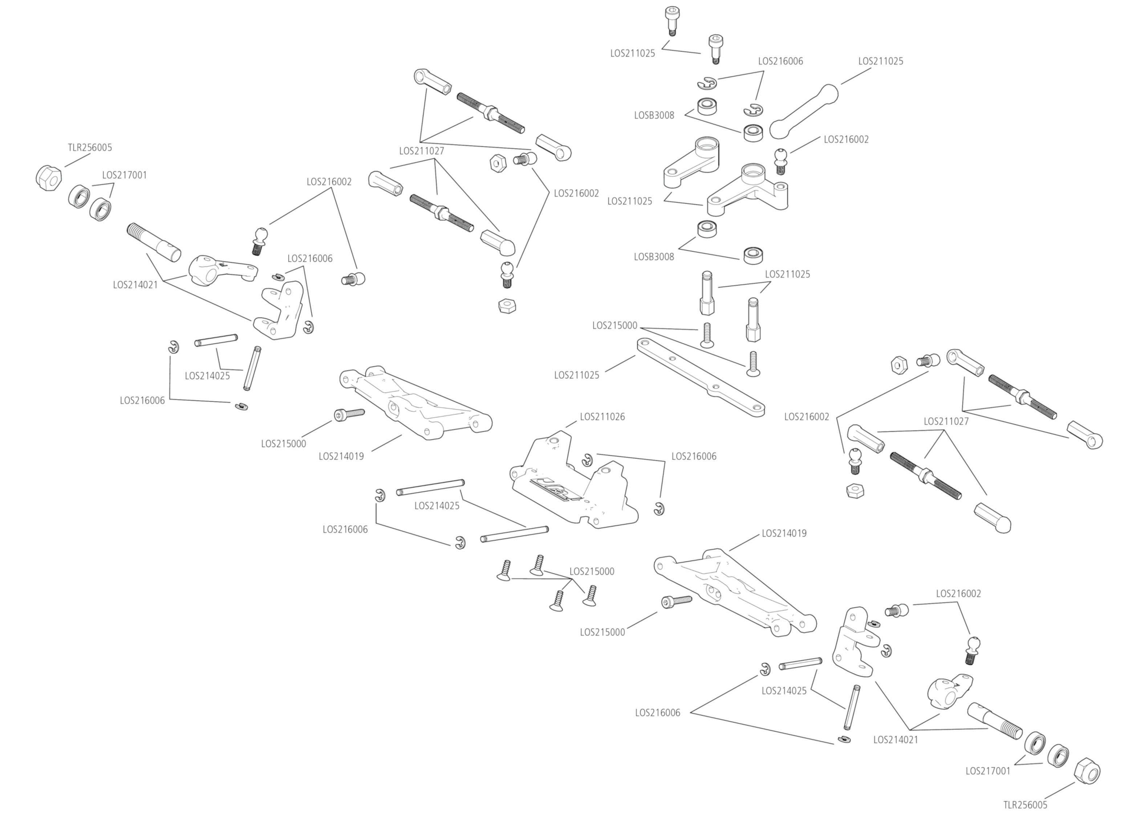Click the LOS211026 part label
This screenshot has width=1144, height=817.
pyautogui.click(x=602, y=416)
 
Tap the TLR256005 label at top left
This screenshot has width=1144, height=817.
pyautogui.click(x=90, y=147)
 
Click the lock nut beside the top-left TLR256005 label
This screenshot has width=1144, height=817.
pyautogui.click(x=49, y=177)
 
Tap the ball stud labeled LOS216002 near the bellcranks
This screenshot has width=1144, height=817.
pyautogui.click(x=780, y=160)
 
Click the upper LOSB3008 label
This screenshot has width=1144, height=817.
pyautogui.click(x=654, y=115)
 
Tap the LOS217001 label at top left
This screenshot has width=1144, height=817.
pyautogui.click(x=124, y=175)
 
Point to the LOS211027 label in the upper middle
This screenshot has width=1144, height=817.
pyautogui.click(x=422, y=150)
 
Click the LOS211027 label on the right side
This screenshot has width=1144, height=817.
pyautogui.click(x=946, y=421)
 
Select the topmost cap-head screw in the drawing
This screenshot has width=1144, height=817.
pyautogui.click(x=671, y=19)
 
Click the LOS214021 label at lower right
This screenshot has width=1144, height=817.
pyautogui.click(x=896, y=740)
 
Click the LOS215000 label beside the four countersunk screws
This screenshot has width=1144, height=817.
pyautogui.click(x=592, y=572)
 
